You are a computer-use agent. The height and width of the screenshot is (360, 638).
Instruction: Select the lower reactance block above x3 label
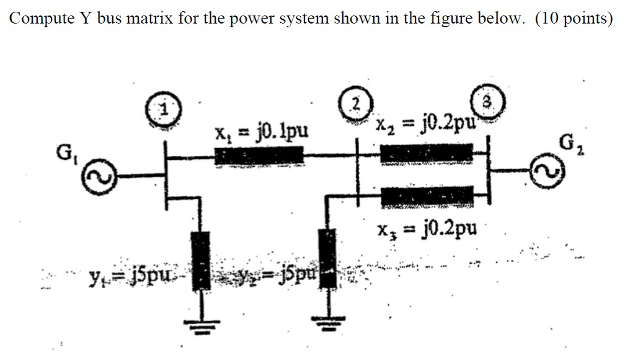(x=425, y=196)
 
